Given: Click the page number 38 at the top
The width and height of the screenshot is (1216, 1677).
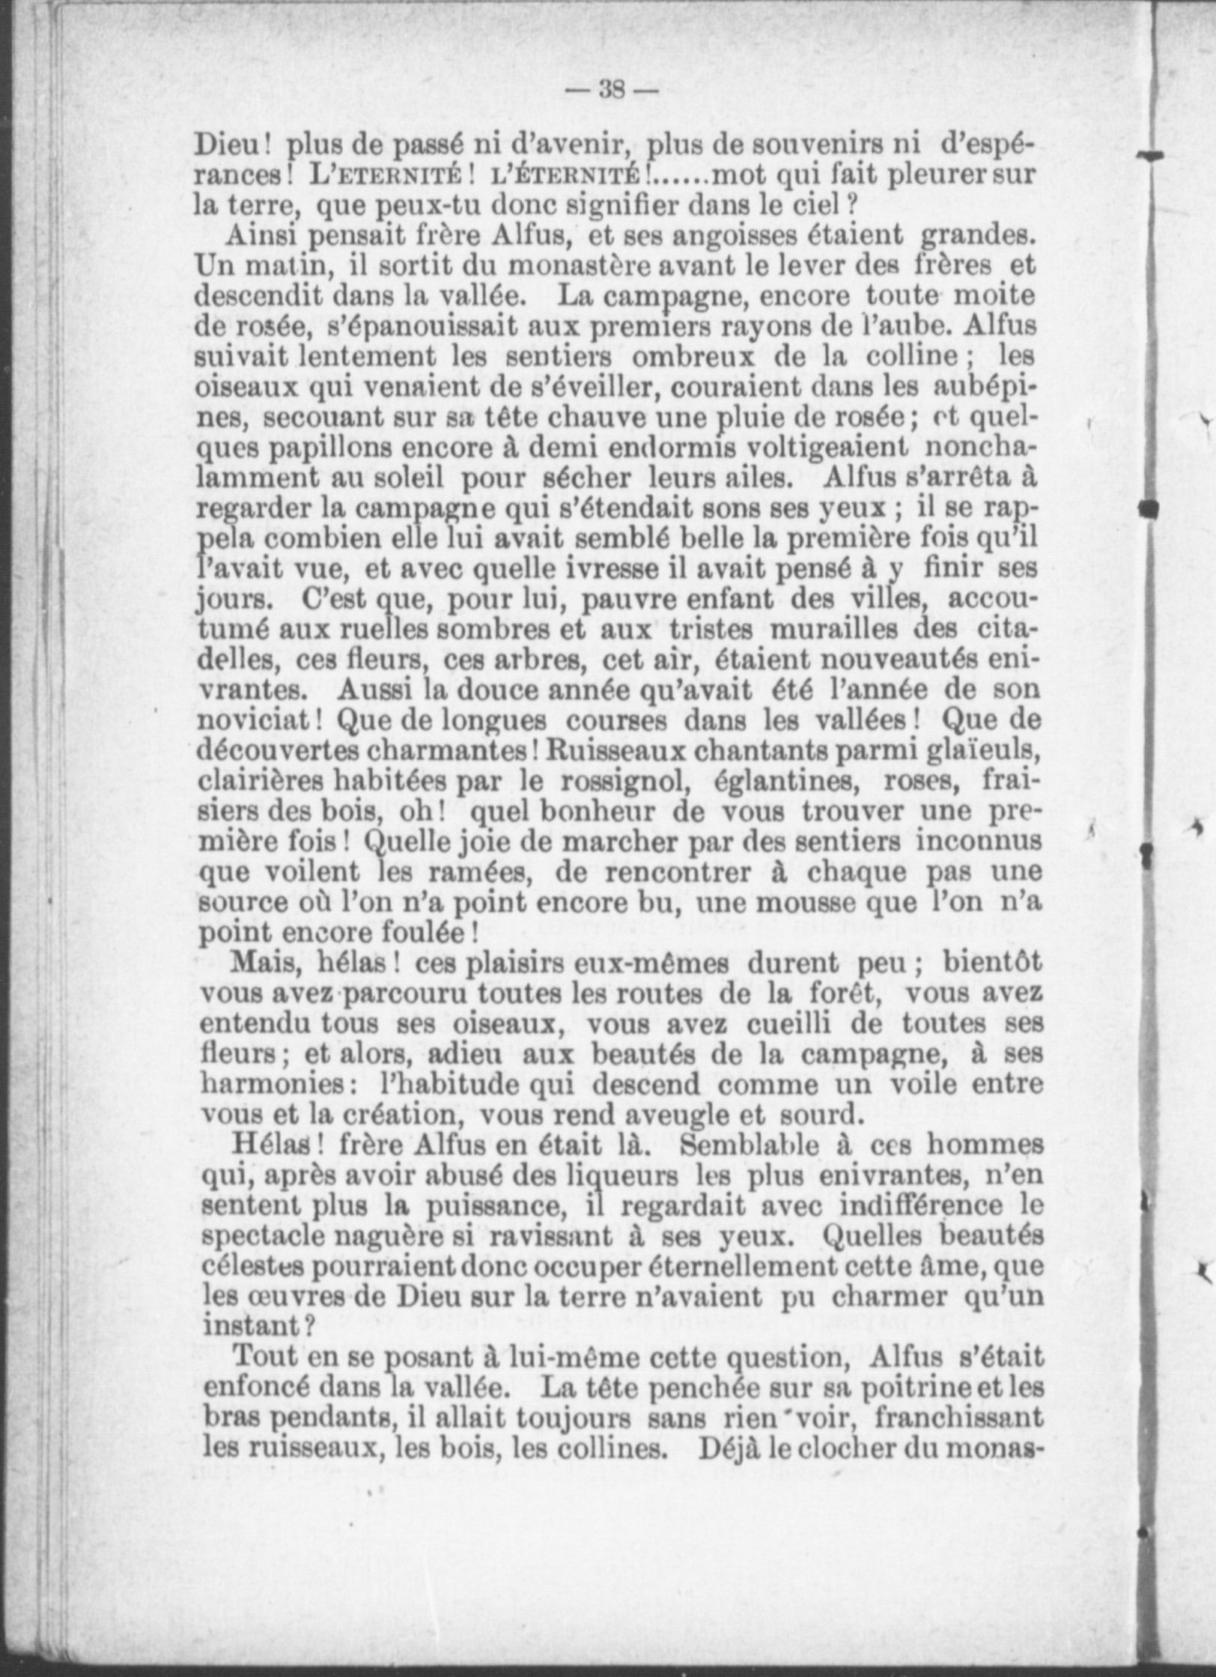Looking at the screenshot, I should coord(612,91).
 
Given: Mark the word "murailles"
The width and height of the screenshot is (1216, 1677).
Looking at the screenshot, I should coord(833,631).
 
